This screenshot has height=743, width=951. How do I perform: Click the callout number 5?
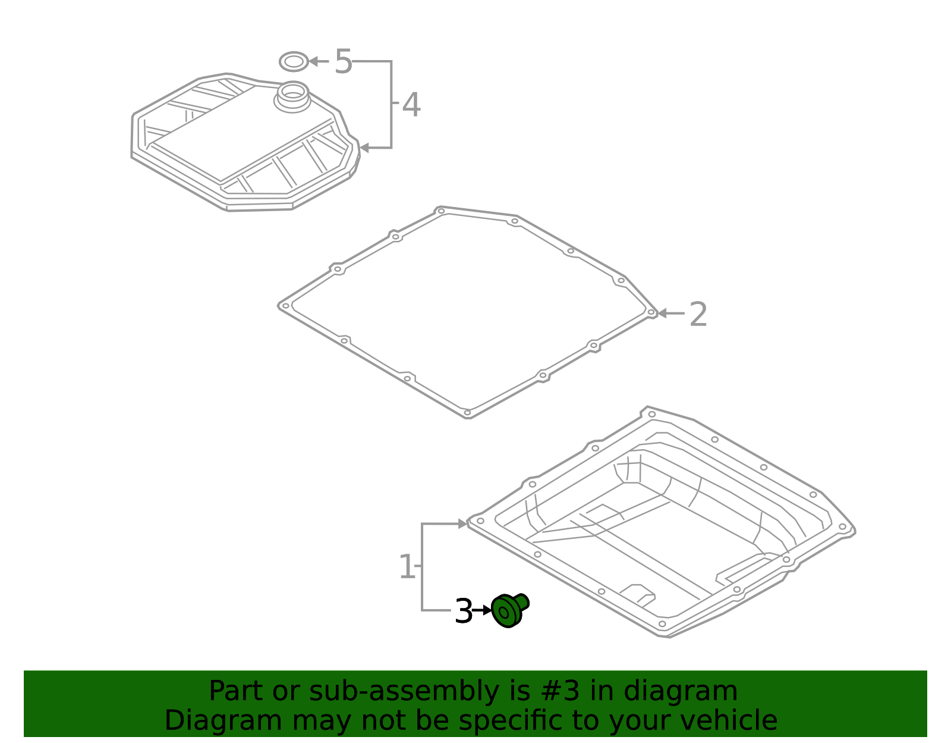(343, 61)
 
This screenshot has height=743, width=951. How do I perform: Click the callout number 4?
(411, 105)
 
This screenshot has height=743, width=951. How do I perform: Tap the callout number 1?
(407, 567)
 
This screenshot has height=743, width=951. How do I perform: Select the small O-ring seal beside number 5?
(294, 61)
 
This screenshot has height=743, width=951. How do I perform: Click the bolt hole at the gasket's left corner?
(285, 306)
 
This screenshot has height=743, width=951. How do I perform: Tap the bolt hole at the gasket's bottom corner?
(467, 412)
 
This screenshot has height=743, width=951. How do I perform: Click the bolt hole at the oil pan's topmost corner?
(651, 414)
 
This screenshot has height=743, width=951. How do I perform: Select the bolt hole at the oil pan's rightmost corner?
(842, 526)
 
